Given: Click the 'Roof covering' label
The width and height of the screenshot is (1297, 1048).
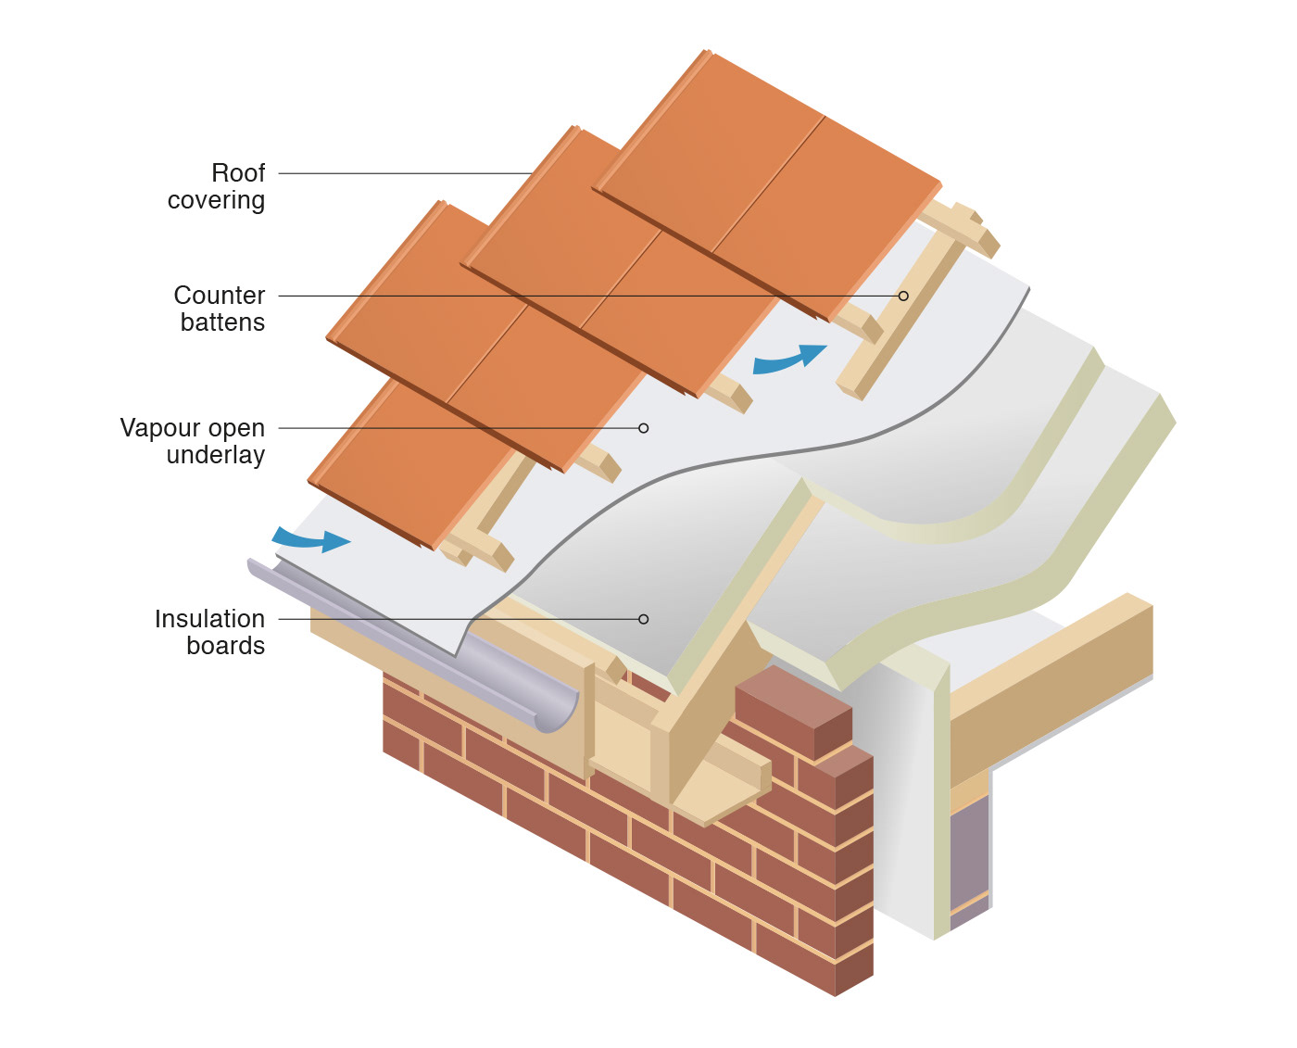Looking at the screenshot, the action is (217, 186).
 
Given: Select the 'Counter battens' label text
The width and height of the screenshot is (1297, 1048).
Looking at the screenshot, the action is (220, 309).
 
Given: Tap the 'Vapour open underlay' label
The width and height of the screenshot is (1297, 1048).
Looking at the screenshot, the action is (193, 441).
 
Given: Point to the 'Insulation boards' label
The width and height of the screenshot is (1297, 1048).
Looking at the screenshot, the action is (210, 632).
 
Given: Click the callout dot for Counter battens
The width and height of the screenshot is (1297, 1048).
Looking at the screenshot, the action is (903, 296).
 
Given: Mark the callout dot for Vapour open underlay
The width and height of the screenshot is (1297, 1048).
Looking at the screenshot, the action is (644, 428).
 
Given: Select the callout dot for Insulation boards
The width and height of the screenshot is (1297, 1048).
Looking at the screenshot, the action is (644, 619).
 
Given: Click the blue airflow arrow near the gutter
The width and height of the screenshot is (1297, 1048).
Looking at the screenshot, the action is (311, 539).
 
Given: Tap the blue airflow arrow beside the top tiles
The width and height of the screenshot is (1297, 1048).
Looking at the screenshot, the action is (788, 359).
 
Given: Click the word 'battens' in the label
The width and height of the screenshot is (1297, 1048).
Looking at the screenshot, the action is (222, 322).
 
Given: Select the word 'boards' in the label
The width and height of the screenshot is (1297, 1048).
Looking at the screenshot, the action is (225, 646).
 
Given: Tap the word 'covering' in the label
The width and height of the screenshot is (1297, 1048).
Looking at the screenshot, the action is (216, 200).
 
